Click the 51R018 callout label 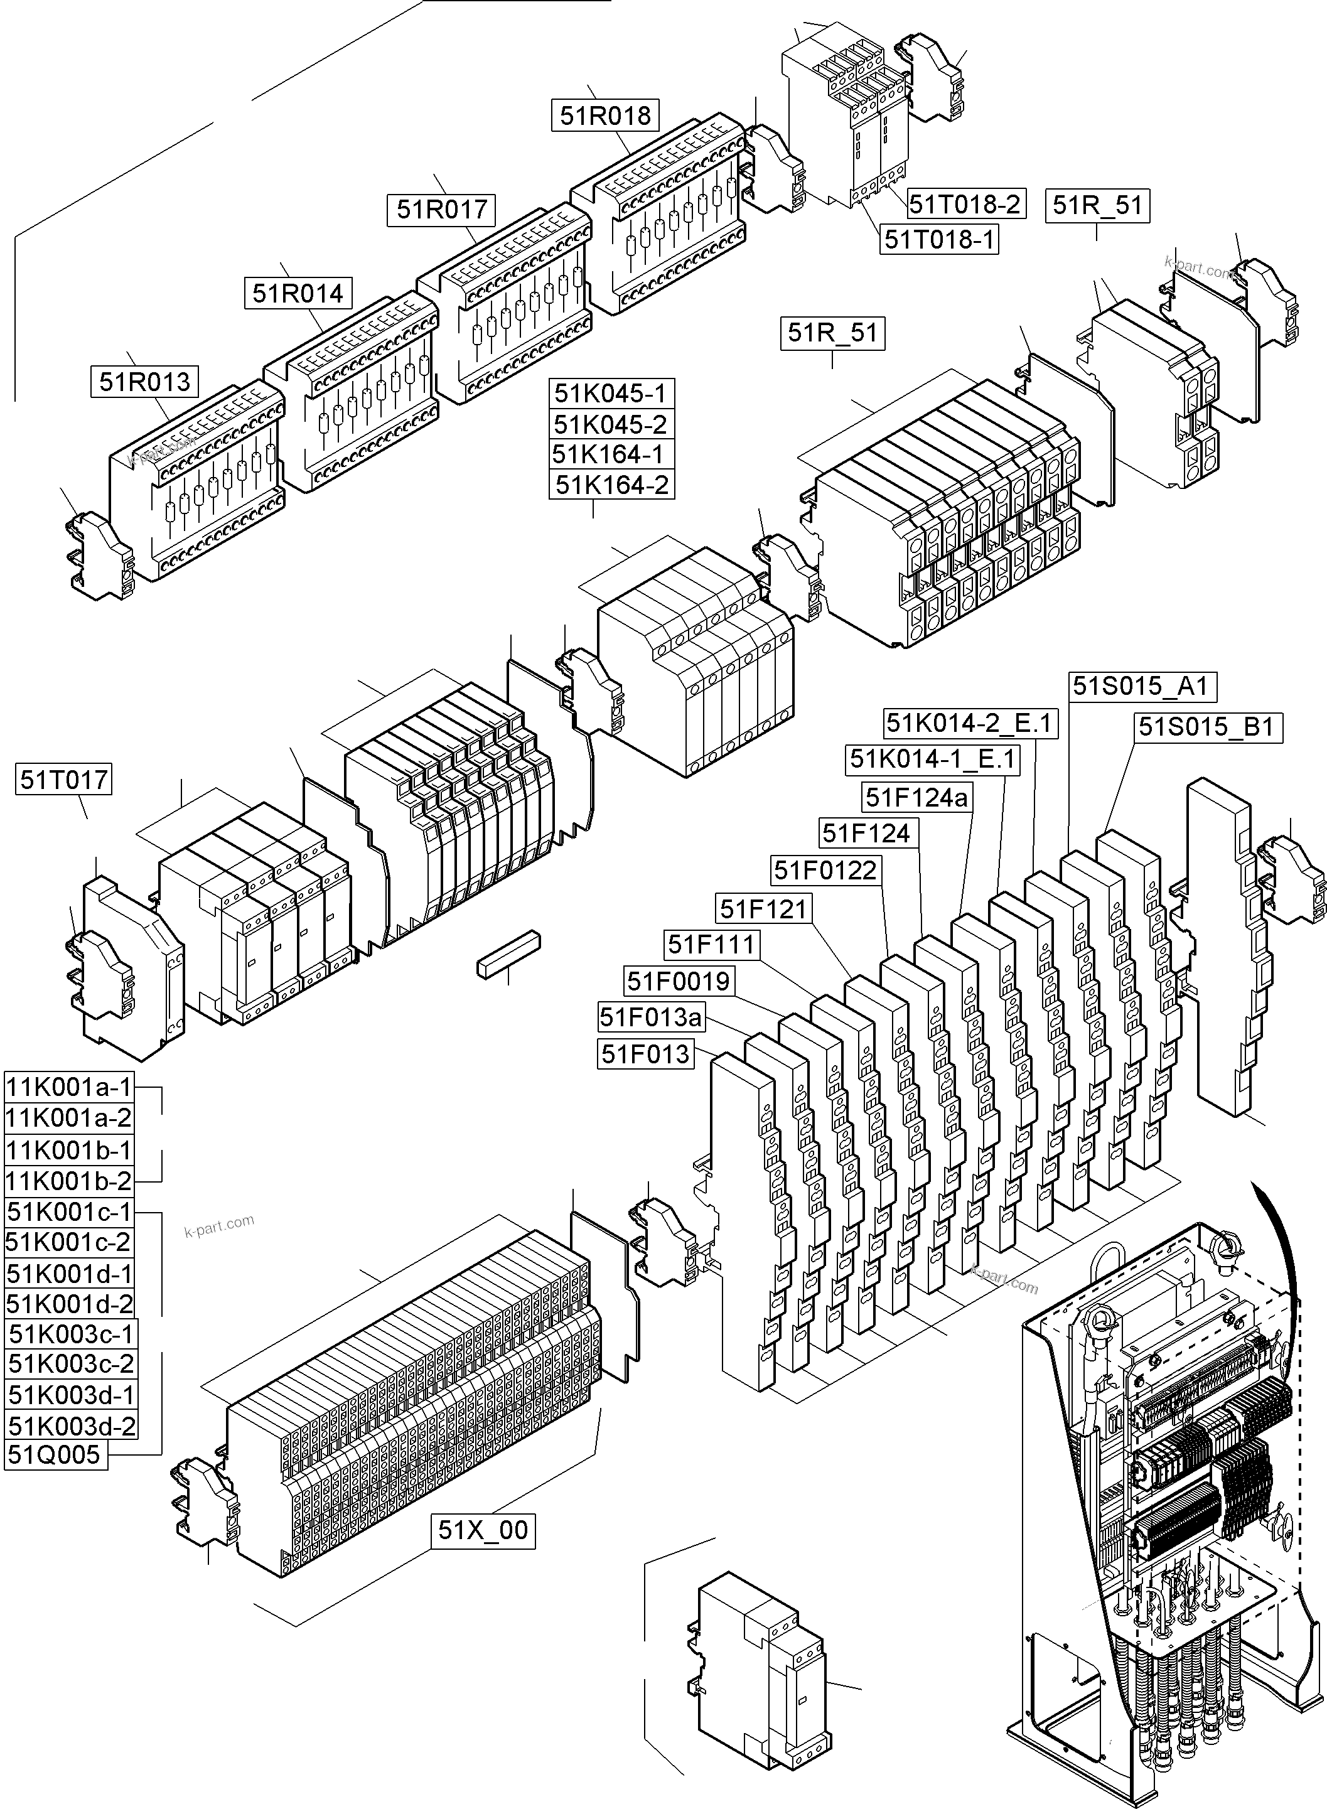pyautogui.click(x=605, y=115)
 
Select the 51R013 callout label pyautogui.click(x=144, y=382)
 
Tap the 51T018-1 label pyautogui.click(x=939, y=239)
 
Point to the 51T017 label pyautogui.click(x=63, y=779)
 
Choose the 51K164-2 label pyautogui.click(x=612, y=485)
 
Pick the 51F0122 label pyautogui.click(x=825, y=870)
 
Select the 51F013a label pyautogui.click(x=651, y=1017)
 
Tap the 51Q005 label pyautogui.click(x=55, y=1454)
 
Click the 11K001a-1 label pyautogui.click(x=68, y=1088)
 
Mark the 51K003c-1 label pyautogui.click(x=71, y=1334)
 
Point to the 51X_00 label pyautogui.click(x=483, y=1530)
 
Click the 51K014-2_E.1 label pyautogui.click(x=969, y=724)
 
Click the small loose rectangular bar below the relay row pyautogui.click(x=508, y=954)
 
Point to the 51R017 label pyautogui.click(x=442, y=210)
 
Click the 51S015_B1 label pyautogui.click(x=1206, y=727)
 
